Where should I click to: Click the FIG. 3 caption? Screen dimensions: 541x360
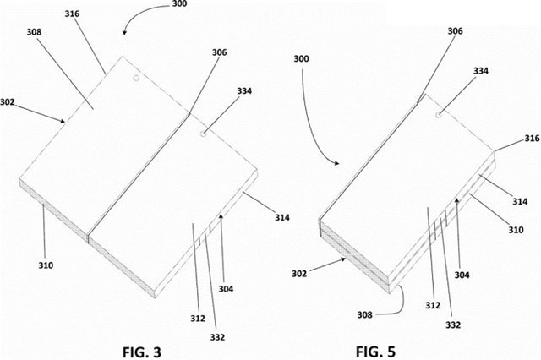pos(142,352)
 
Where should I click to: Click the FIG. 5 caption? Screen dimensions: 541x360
pos(375,352)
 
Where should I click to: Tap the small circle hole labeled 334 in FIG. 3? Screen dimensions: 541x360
pos(205,133)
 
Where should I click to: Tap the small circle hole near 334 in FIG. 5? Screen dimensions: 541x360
pos(439,115)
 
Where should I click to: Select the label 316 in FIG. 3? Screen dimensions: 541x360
pos(72,14)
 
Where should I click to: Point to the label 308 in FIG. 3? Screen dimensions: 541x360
pos(34,32)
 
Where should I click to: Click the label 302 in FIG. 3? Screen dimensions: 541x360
pos(8,102)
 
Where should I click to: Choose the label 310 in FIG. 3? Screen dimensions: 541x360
pos(46,265)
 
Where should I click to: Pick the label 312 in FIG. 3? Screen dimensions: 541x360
pos(198,319)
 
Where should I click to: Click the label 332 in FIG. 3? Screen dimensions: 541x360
pos(217,337)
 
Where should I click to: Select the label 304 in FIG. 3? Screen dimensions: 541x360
pos(226,289)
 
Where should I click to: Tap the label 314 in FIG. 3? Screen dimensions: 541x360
pos(282,217)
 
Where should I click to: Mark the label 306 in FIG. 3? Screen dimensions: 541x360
pos(220,52)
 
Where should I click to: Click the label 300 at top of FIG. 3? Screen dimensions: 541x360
pos(179,3)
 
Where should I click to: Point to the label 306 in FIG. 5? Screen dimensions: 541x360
pos(455,31)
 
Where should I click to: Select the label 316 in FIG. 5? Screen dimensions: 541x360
pos(532,139)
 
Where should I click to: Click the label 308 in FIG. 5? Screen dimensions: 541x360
pos(364,314)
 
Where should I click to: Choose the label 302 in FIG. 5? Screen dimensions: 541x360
pos(299,274)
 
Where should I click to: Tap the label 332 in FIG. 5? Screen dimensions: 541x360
pos(453,325)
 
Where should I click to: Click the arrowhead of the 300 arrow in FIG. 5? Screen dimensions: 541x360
pos(337,163)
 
